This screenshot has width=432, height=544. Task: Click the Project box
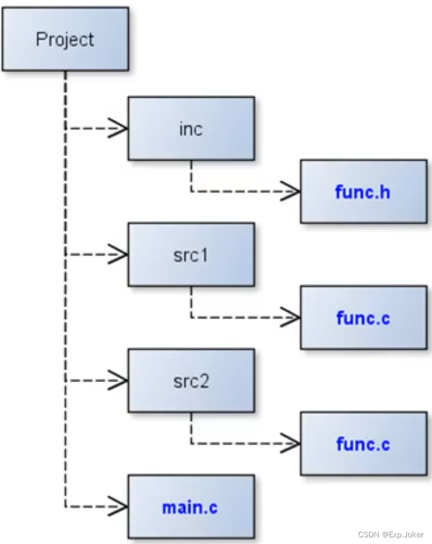click(x=65, y=39)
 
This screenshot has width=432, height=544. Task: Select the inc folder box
click(x=191, y=129)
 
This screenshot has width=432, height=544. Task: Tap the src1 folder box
click(x=191, y=255)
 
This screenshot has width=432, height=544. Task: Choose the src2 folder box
click(x=191, y=380)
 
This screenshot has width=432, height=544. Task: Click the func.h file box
click(x=364, y=191)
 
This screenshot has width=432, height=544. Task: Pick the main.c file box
click(x=191, y=506)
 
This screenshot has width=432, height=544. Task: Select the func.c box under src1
click(x=364, y=317)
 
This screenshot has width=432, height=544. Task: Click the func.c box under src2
click(x=364, y=443)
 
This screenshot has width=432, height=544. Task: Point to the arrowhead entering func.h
click(x=291, y=191)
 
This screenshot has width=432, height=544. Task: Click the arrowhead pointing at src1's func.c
click(x=291, y=317)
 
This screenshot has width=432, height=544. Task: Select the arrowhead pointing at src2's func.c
click(x=291, y=443)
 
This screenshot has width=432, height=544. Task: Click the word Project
click(x=65, y=39)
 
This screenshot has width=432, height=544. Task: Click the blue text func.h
click(x=363, y=192)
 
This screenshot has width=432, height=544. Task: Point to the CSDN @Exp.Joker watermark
click(x=391, y=535)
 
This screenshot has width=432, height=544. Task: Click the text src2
click(x=191, y=381)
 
